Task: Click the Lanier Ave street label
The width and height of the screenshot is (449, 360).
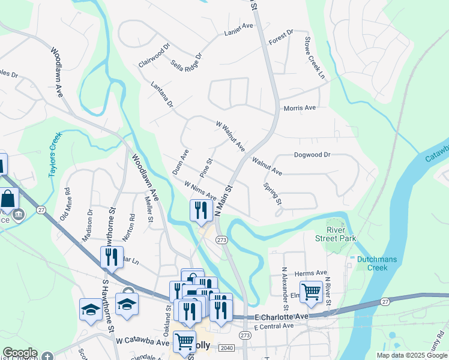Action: (x=239, y=27)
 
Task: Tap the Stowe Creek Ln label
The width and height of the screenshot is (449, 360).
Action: (x=313, y=59)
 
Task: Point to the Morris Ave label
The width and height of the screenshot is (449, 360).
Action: (x=299, y=108)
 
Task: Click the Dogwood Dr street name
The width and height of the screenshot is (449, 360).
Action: (x=312, y=155)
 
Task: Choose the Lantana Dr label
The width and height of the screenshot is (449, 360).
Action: (x=162, y=95)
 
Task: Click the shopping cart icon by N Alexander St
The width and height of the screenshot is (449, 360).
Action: (x=311, y=292)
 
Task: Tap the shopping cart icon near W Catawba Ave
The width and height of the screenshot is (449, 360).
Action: (x=184, y=341)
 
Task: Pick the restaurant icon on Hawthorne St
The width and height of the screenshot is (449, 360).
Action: (x=112, y=257)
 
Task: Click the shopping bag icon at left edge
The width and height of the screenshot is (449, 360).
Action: (x=9, y=198)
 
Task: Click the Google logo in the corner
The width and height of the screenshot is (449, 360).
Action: (x=20, y=353)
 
